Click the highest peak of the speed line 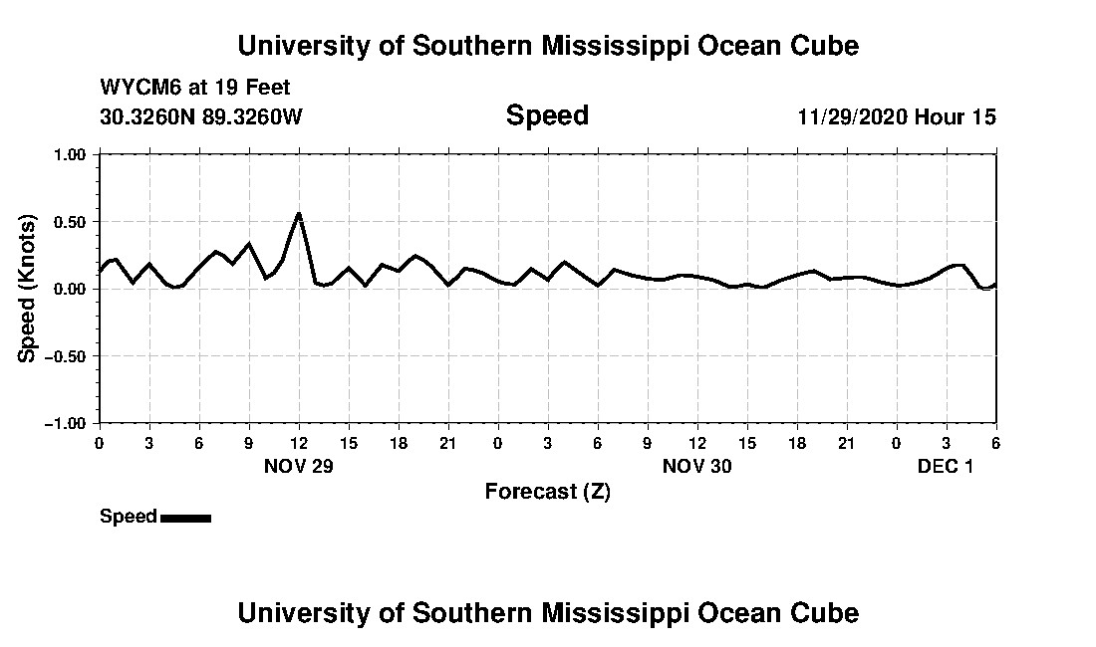pyautogui.click(x=299, y=213)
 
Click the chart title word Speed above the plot pyautogui.click(x=547, y=115)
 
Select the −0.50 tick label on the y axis pyautogui.click(x=68, y=355)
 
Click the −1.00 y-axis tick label pyautogui.click(x=68, y=423)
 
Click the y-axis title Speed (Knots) pyautogui.click(x=28, y=288)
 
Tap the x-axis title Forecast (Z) pyautogui.click(x=547, y=492)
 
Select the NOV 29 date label pyautogui.click(x=298, y=467)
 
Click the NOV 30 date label pyautogui.click(x=696, y=467)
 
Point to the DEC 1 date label pyautogui.click(x=945, y=467)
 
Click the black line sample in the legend pyautogui.click(x=185, y=518)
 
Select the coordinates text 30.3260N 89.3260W pyautogui.click(x=201, y=116)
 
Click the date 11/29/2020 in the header pyautogui.click(x=852, y=116)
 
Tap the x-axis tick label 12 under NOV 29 pyautogui.click(x=299, y=443)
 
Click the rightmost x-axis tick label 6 pyautogui.click(x=994, y=443)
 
